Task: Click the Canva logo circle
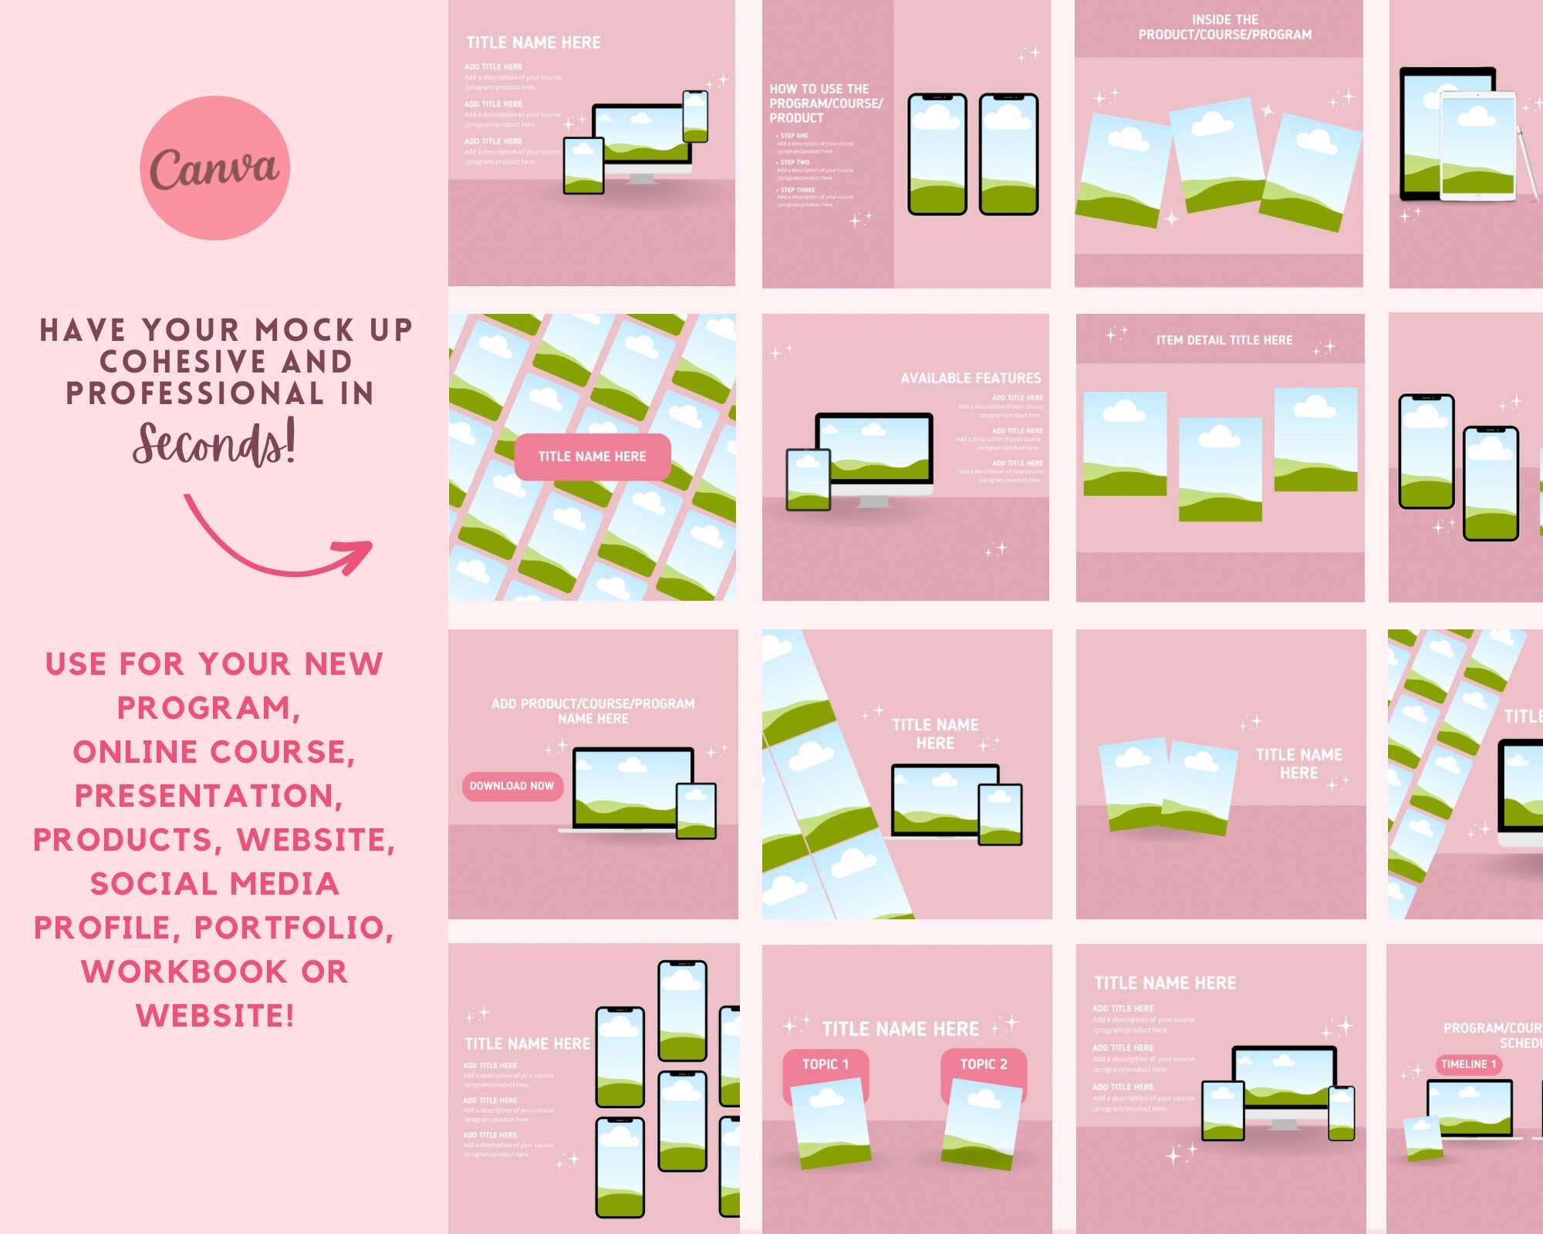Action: click(214, 167)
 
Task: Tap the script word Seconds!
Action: click(214, 443)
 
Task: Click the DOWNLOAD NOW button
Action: click(512, 786)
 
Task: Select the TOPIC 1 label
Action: click(825, 1064)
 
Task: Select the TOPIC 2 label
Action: click(983, 1064)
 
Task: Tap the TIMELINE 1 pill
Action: click(1468, 1064)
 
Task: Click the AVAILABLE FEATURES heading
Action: click(970, 378)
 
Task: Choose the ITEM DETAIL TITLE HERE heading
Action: click(1224, 340)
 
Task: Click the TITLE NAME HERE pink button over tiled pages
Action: click(592, 457)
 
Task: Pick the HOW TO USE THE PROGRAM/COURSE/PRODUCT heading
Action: click(825, 103)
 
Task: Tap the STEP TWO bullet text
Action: click(795, 163)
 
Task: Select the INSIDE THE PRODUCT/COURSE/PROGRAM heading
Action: click(1224, 27)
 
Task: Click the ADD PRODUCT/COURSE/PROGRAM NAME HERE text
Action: click(593, 711)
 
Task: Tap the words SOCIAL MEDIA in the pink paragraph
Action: click(214, 884)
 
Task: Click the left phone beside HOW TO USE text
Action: click(937, 154)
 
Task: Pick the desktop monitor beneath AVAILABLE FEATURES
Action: click(874, 451)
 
